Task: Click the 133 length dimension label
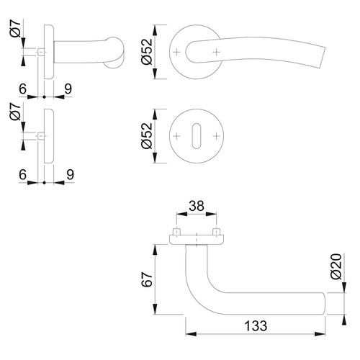[256, 325]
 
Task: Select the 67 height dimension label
[147, 279]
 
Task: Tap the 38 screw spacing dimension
[197, 206]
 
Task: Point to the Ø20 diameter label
[336, 266]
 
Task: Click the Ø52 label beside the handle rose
[147, 52]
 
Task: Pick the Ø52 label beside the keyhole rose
[147, 136]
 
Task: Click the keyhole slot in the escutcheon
[197, 136]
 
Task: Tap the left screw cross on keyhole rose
[176, 136]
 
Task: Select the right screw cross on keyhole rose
[217, 136]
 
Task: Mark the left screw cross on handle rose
[176, 52]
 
